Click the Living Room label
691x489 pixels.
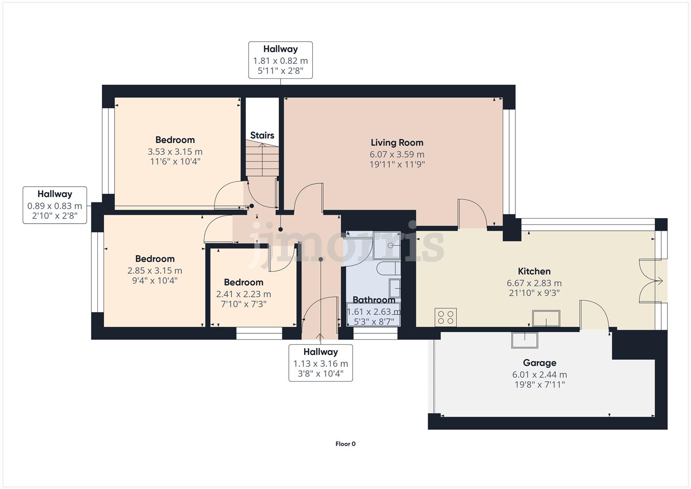397,143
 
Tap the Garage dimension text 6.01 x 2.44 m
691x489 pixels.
539,375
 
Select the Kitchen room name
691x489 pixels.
534,271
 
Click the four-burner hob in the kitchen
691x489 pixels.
446,317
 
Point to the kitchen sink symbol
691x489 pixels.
546,318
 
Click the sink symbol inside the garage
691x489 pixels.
524,340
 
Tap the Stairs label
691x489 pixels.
262,135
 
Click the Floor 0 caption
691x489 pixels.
345,444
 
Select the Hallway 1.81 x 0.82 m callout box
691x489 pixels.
281,60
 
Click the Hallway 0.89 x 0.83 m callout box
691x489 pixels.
55,205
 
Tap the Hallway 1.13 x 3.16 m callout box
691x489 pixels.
320,363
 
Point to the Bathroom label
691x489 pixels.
374,300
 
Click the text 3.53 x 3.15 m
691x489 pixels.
175,152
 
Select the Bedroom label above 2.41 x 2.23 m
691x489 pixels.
243,282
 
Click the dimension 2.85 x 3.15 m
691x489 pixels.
155,271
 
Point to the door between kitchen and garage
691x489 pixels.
594,315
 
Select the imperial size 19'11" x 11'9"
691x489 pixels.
397,164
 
